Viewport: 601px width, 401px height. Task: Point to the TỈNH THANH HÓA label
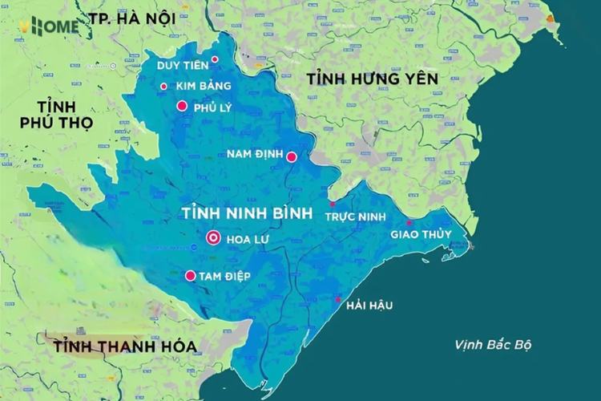(123, 346)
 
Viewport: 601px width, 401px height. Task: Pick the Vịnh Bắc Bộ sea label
(492, 345)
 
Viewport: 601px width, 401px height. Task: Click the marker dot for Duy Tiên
(215, 59)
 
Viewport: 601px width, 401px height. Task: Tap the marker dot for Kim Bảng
(163, 86)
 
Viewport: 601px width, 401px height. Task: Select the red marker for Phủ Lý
(182, 106)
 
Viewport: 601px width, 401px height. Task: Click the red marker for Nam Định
(292, 157)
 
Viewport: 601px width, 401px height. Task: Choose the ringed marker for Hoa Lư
(213, 237)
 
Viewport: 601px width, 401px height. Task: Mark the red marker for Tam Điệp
(191, 276)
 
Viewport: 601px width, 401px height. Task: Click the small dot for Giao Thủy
(409, 223)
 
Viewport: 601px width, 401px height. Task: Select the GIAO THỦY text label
(421, 234)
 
